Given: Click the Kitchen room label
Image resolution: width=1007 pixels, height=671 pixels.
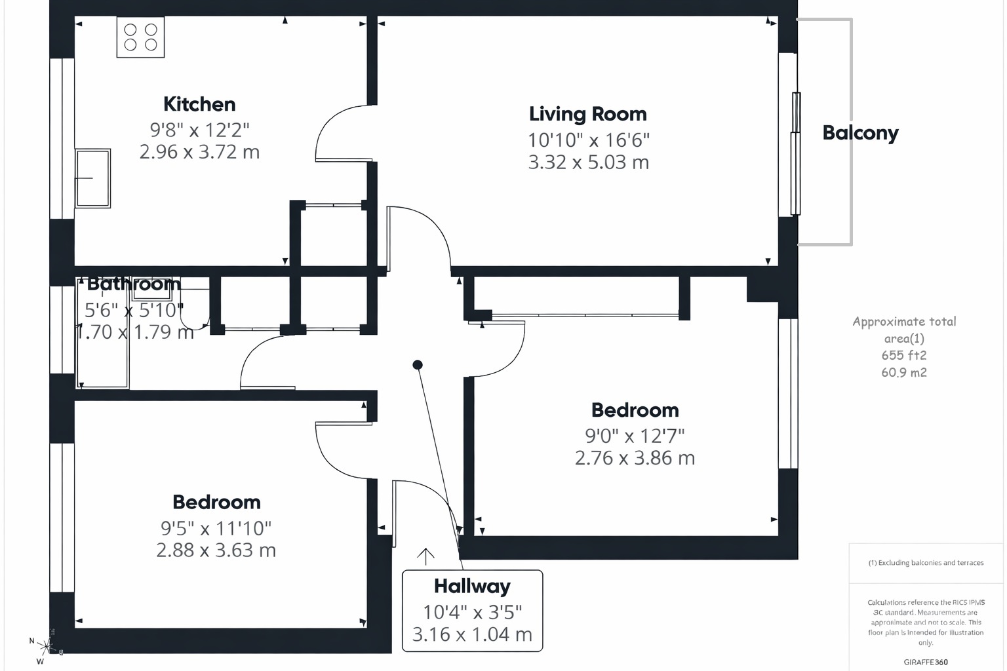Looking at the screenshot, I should [x=199, y=104].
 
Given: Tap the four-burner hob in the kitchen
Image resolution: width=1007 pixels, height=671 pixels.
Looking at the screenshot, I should [x=140, y=37].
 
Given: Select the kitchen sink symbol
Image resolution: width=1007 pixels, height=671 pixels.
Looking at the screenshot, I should [x=92, y=178].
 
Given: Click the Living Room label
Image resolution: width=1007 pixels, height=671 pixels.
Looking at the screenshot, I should [x=587, y=114].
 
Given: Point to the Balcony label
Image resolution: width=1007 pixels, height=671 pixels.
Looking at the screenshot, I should [x=860, y=133].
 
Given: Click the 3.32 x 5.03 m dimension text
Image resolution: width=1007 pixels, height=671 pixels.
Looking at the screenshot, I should [x=588, y=162].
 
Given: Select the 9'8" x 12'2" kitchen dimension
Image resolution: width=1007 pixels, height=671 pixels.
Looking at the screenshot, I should [x=199, y=130].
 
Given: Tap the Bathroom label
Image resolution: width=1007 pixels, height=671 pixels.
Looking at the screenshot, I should [x=133, y=284].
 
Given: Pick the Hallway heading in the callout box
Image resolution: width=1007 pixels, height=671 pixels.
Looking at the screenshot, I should [x=472, y=586].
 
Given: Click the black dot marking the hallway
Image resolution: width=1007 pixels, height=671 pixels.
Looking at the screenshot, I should [x=418, y=364].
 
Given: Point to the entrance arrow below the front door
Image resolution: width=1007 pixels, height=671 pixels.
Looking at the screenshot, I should [x=425, y=556].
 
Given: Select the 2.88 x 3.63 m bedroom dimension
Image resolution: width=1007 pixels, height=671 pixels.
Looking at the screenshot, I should [x=216, y=550].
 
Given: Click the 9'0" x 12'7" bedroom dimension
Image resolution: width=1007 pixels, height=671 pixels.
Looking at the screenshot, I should [x=635, y=436].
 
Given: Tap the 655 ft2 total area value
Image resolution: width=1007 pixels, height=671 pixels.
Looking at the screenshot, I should [x=903, y=355].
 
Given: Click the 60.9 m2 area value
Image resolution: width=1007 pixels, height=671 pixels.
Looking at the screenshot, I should [x=903, y=372].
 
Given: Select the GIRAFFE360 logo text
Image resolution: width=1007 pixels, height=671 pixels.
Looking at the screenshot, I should [x=925, y=662].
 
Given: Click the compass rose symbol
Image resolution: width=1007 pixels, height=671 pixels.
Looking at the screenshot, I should [x=45, y=647].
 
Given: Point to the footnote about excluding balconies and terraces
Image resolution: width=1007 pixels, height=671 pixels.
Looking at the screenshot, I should [x=926, y=562].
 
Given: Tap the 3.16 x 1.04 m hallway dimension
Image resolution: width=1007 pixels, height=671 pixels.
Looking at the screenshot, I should [x=472, y=634].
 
